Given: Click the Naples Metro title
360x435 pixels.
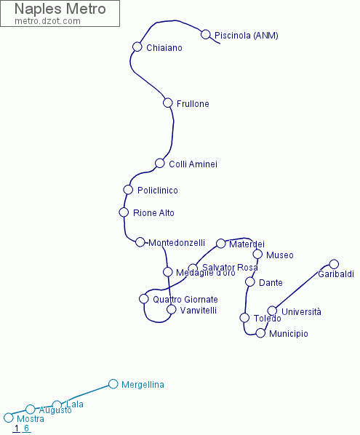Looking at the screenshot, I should click(60, 9).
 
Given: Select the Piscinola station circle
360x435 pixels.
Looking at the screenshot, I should click(206, 34).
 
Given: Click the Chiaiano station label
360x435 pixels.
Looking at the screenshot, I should click(164, 48).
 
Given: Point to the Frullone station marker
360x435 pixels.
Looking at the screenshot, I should click(168, 103).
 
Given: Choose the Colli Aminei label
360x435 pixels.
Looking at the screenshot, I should click(193, 164).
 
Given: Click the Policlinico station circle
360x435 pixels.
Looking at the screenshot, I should click(129, 190).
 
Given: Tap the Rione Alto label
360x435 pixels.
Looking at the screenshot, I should click(153, 213).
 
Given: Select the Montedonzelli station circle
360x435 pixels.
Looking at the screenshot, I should click(140, 242).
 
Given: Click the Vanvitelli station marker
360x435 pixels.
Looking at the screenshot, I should click(172, 309).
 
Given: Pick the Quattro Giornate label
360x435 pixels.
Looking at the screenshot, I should click(185, 300).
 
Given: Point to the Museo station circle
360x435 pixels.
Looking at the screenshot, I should click(257, 254).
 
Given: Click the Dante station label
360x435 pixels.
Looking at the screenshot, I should click(271, 283).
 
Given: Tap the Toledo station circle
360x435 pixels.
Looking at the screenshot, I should click(244, 317).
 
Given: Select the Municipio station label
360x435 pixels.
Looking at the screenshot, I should click(288, 334).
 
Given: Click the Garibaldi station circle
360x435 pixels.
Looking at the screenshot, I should click(334, 264).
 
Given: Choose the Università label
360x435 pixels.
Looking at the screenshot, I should click(301, 312).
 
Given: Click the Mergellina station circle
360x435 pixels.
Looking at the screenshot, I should click(113, 384).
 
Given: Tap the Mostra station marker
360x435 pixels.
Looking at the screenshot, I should click(9, 418).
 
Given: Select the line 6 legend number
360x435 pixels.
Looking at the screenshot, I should click(26, 428).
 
